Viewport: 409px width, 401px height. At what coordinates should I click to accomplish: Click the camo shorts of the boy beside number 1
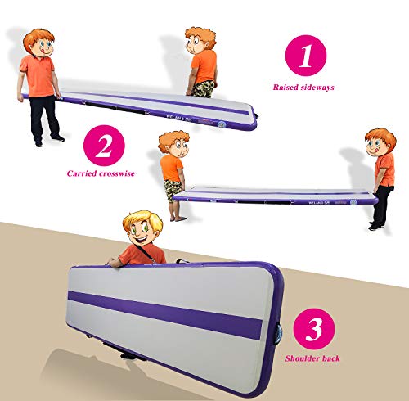[x=205, y=88]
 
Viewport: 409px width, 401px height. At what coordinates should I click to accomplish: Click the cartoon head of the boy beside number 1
[x=198, y=41]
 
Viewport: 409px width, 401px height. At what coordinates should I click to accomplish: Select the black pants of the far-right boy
[x=380, y=208]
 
